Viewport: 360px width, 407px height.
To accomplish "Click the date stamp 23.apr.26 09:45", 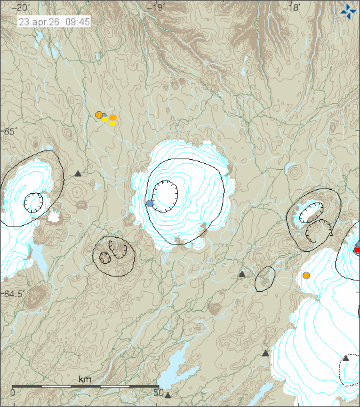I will click(x=55, y=21).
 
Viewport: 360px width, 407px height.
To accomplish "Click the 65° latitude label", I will click(x=9, y=132).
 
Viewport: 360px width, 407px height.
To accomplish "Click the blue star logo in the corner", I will click(x=348, y=11).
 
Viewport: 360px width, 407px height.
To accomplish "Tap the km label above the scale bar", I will click(x=85, y=379).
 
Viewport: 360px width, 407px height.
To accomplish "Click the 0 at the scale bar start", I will click(x=13, y=392).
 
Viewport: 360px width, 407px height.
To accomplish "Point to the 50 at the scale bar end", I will click(x=158, y=392).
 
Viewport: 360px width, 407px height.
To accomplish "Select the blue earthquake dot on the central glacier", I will click(x=150, y=203).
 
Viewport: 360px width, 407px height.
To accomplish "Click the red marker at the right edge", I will click(x=357, y=250).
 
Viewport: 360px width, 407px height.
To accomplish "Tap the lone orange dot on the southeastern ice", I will click(x=307, y=275).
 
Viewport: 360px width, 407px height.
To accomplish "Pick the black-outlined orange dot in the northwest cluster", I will click(x=99, y=115).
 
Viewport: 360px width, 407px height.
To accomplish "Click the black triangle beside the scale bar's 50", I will click(x=168, y=395).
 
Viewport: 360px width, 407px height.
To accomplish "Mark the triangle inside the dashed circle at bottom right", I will click(x=346, y=358).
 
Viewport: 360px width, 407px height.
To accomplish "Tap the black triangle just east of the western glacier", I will click(x=78, y=174).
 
